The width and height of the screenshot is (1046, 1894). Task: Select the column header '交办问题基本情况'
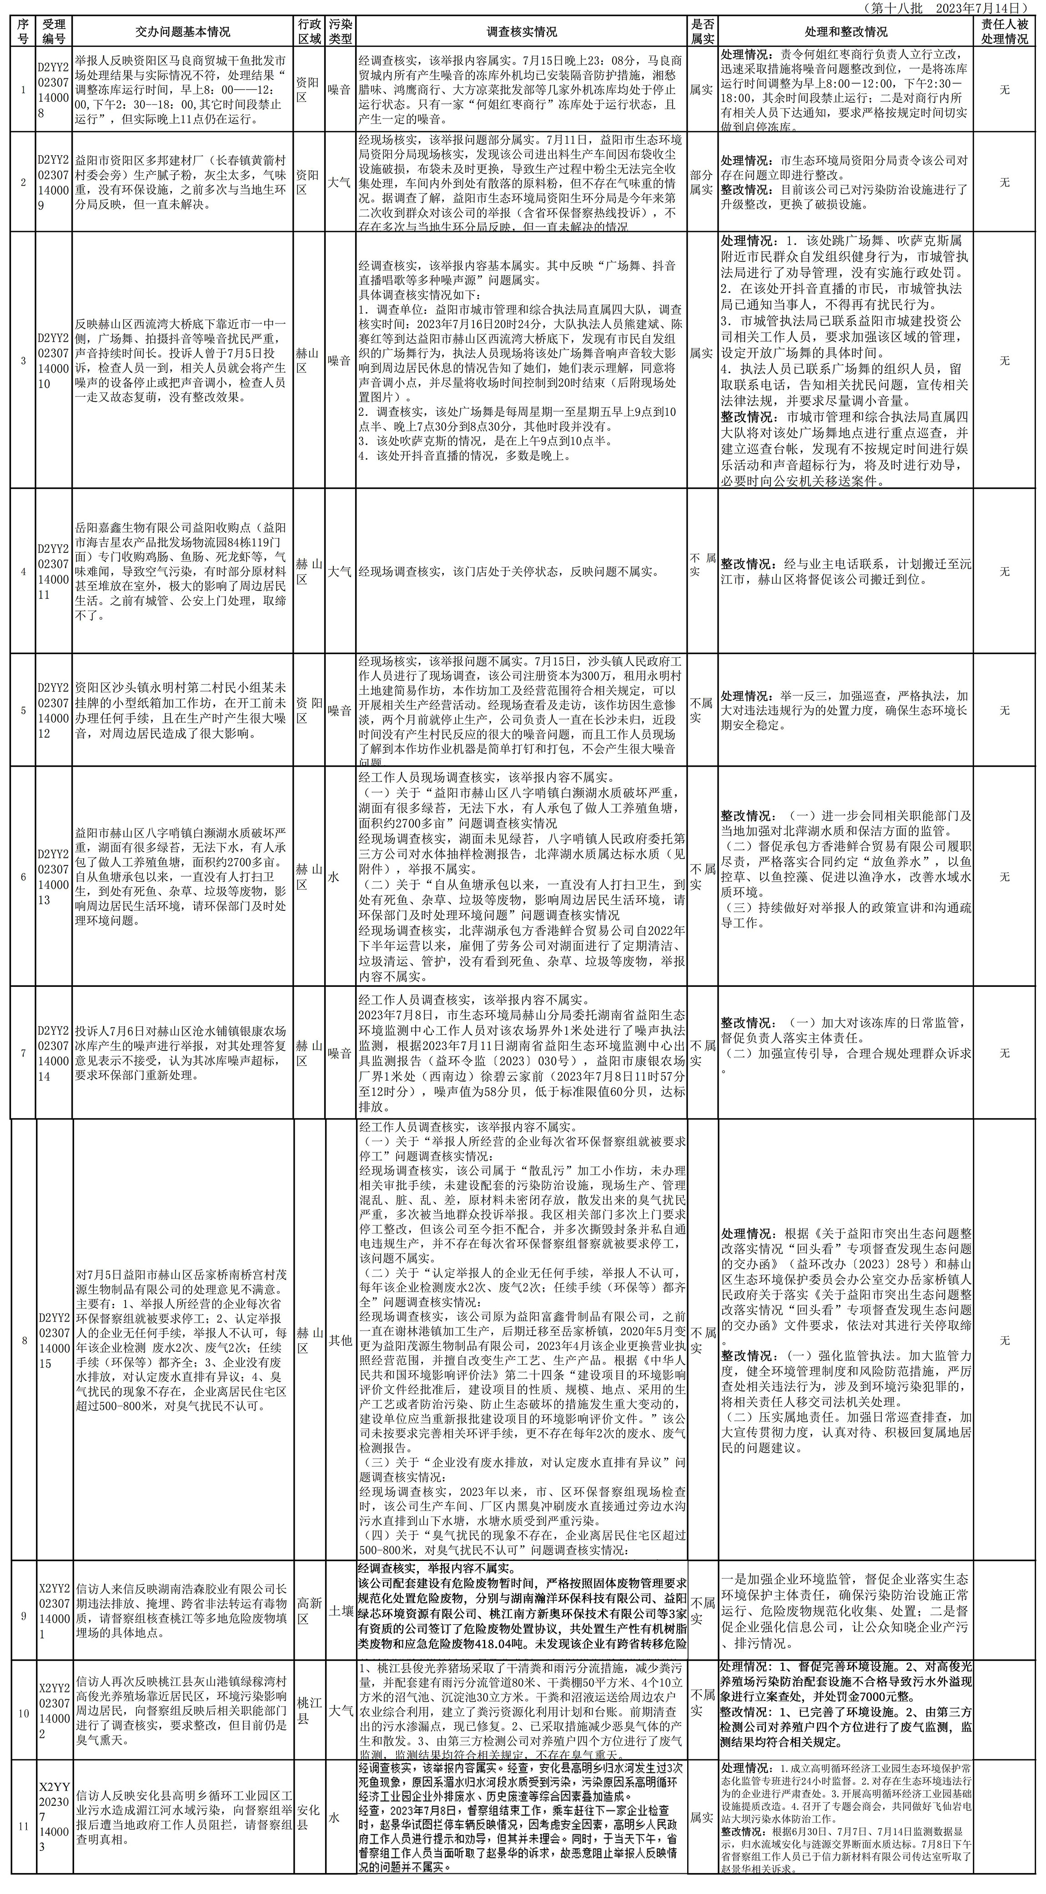pos(183,31)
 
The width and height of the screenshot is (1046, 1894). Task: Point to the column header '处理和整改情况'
pos(845,31)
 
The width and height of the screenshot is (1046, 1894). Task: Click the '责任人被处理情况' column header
pos(1005,31)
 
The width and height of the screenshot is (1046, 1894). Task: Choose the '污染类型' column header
pos(340,31)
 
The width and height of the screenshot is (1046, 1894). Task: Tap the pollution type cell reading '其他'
pos(340,1339)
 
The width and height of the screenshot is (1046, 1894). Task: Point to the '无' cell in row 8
pos(1005,1339)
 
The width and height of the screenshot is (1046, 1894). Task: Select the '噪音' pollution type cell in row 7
pos(340,1053)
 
